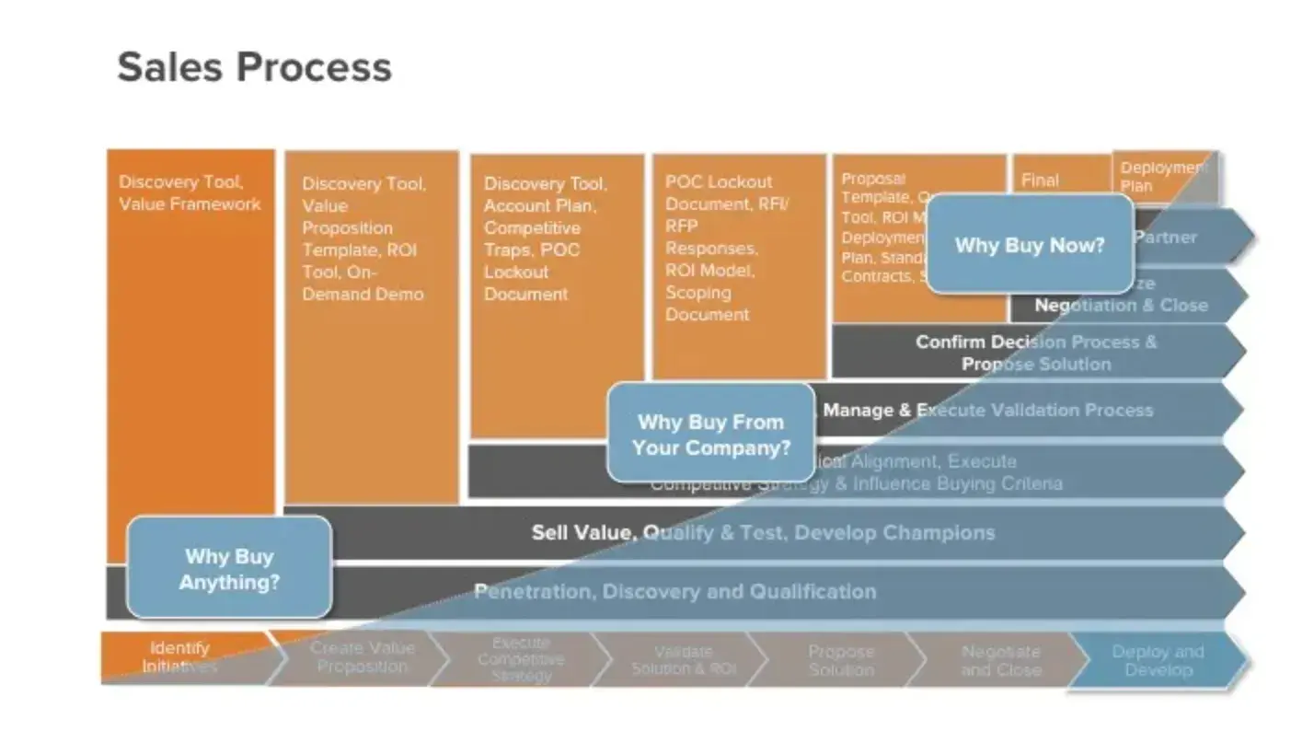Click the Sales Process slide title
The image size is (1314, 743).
point(254,67)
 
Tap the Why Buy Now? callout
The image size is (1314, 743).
point(1029,245)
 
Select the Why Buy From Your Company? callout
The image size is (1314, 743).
point(710,435)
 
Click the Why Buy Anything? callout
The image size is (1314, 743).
point(228,568)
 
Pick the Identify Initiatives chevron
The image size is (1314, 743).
point(180,657)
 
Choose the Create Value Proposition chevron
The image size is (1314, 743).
point(362,657)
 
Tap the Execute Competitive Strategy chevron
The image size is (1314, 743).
point(521,658)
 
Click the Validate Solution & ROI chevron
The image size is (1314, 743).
point(684,660)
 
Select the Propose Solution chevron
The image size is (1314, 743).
point(840,660)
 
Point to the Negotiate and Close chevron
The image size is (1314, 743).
point(1000,660)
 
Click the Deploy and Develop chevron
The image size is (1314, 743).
point(1158,660)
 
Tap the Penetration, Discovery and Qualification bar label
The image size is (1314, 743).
point(674,591)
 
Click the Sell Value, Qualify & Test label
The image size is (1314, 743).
point(763,532)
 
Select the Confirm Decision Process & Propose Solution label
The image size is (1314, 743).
point(1036,353)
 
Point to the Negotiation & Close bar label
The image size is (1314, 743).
point(1121,305)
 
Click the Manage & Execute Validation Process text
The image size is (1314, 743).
point(987,410)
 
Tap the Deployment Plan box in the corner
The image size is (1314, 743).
point(1161,176)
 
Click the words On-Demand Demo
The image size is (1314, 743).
point(363,284)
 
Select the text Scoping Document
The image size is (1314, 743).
point(707,303)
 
